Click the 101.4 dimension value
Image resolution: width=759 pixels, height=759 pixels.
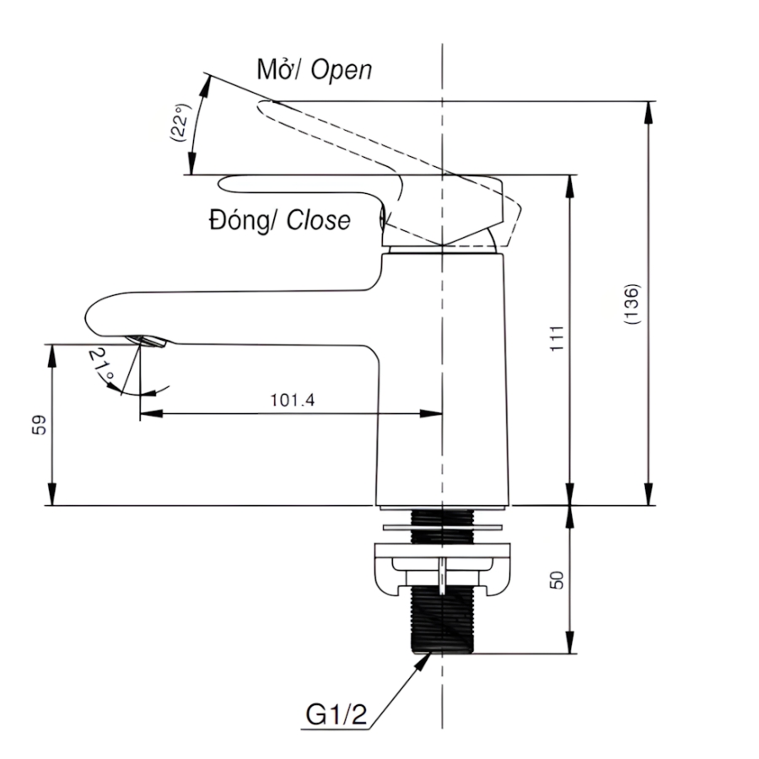tap(292, 400)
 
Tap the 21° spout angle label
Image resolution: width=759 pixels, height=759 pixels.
tap(101, 367)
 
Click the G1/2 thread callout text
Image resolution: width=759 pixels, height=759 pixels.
tap(336, 716)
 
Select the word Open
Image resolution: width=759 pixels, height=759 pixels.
tap(341, 70)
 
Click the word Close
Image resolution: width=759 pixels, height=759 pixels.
tap(318, 221)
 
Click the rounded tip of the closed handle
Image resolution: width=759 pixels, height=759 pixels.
tap(224, 183)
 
